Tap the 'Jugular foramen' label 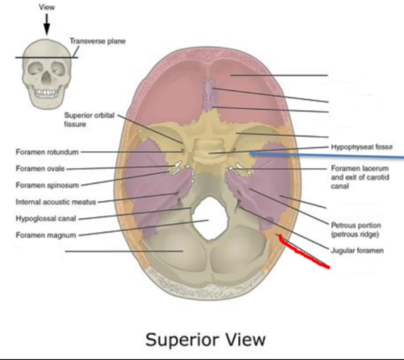357,251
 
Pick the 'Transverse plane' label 98,41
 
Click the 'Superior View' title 206,339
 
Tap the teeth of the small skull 46,93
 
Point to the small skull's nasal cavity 46,79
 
